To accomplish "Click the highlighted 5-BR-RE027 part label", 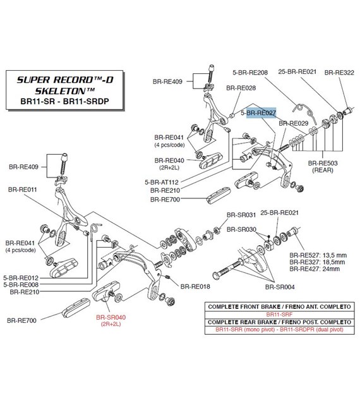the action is [258, 112].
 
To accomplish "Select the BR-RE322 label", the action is [339, 73].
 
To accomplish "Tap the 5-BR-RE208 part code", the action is [250, 73].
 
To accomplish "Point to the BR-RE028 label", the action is [241, 88].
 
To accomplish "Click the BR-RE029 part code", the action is [293, 123].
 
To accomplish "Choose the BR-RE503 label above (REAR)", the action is [323, 163].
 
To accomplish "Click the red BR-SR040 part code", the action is [111, 317].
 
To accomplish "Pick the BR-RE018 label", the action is [195, 286].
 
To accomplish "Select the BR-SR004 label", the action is [280, 287].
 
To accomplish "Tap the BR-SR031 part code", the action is [241, 215].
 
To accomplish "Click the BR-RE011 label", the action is [22, 190].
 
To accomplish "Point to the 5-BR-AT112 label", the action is [162, 182].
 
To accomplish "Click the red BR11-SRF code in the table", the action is [279, 314].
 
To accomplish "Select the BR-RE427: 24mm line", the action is [315, 268].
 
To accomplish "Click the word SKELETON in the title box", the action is [61, 91].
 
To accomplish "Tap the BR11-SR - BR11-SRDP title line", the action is [64, 101].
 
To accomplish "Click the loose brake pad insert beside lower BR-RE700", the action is [76, 308].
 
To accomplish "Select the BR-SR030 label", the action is [241, 229].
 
